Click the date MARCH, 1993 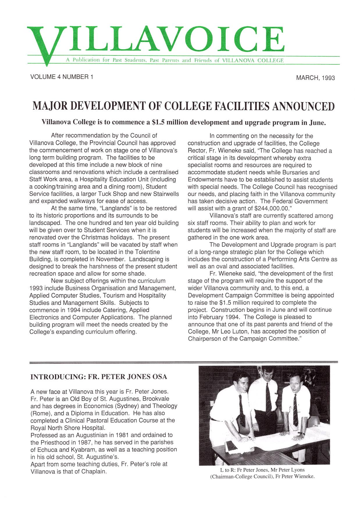[x=315, y=78]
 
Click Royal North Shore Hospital [x=67, y=428]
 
